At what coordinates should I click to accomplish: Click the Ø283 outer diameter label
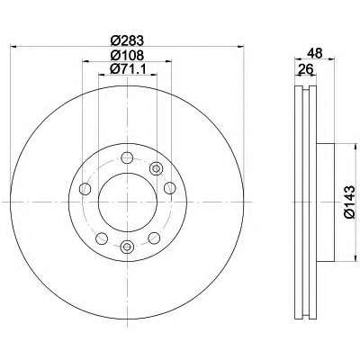128,40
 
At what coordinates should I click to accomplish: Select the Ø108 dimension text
128,55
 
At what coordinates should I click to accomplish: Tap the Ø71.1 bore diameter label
128,69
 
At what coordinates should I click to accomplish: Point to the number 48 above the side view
315,53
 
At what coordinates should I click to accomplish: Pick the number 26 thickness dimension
305,69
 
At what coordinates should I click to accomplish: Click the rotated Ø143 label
350,202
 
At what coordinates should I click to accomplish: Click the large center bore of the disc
128,202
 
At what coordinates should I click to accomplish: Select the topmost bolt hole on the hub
127,157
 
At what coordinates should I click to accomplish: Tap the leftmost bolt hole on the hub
85,188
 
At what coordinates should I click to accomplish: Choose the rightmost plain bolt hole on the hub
170,188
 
